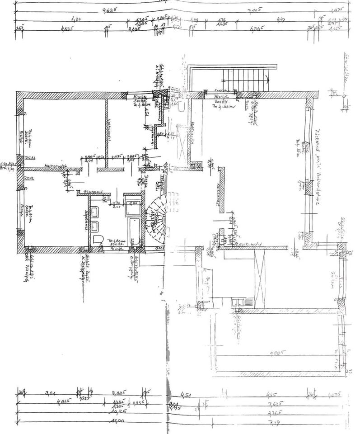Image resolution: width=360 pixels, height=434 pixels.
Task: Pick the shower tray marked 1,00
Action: point(133,207)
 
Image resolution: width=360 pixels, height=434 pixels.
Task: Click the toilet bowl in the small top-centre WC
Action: point(180,106)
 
